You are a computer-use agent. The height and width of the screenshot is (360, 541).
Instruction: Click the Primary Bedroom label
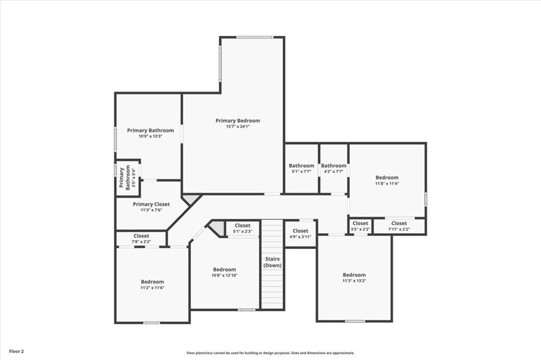[x=238, y=121]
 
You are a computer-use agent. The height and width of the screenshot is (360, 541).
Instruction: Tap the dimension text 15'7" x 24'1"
[x=238, y=127]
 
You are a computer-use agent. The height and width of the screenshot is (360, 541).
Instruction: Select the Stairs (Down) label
[x=273, y=262]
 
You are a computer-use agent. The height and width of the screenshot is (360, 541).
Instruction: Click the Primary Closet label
[x=151, y=204]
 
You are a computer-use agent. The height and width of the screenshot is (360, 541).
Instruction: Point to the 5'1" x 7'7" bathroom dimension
[x=301, y=172]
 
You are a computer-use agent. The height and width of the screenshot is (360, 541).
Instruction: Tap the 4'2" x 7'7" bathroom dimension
[x=334, y=172]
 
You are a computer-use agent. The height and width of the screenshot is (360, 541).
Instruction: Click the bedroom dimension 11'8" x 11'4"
[x=387, y=184]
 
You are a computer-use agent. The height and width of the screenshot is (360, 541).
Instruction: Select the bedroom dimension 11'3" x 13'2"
[x=354, y=281]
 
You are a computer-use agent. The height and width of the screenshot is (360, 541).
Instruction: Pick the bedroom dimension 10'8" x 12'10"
[x=225, y=276]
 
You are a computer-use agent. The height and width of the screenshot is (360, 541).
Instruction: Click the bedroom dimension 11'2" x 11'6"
[x=152, y=288]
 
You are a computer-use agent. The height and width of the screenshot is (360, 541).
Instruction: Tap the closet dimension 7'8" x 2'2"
[x=141, y=242]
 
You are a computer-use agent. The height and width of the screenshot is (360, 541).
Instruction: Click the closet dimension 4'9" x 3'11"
[x=300, y=236]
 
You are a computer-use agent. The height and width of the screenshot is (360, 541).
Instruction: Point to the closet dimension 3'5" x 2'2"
[x=360, y=229]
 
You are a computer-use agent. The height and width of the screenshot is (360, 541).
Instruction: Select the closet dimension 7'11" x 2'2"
[x=399, y=229]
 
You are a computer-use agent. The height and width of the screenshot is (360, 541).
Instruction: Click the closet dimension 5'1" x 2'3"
[x=242, y=231]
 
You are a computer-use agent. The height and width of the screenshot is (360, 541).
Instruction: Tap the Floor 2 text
[x=16, y=351]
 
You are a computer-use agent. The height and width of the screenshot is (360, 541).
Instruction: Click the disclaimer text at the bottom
[x=270, y=353]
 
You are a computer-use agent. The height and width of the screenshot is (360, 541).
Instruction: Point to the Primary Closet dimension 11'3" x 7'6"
[x=151, y=210]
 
